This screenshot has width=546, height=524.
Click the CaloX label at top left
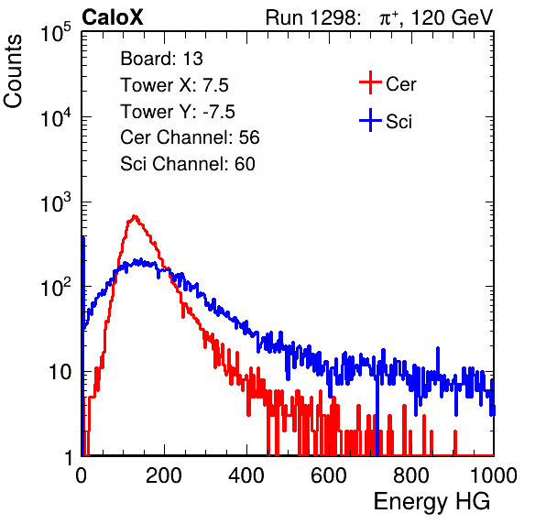tap(113, 17)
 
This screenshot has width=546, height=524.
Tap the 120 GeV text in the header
tap(453, 17)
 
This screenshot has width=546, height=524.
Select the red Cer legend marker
tap(370, 82)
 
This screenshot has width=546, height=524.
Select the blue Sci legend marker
tap(370, 120)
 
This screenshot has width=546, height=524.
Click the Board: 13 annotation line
tap(161, 59)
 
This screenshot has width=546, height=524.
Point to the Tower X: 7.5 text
tap(174, 85)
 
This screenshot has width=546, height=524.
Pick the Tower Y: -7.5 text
tap(178, 112)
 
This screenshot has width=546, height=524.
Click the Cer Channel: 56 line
tap(190, 137)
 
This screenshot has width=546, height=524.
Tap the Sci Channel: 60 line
tap(188, 164)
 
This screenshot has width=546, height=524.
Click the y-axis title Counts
tap(13, 71)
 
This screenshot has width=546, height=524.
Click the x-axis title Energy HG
tap(431, 502)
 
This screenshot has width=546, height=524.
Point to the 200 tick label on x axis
tap(164, 475)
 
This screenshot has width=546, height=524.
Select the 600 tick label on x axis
tap(329, 475)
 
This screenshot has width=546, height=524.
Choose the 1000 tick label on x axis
tap(494, 475)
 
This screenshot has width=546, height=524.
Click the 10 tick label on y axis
tap(60, 373)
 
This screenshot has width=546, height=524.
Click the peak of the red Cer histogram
tap(135, 216)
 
